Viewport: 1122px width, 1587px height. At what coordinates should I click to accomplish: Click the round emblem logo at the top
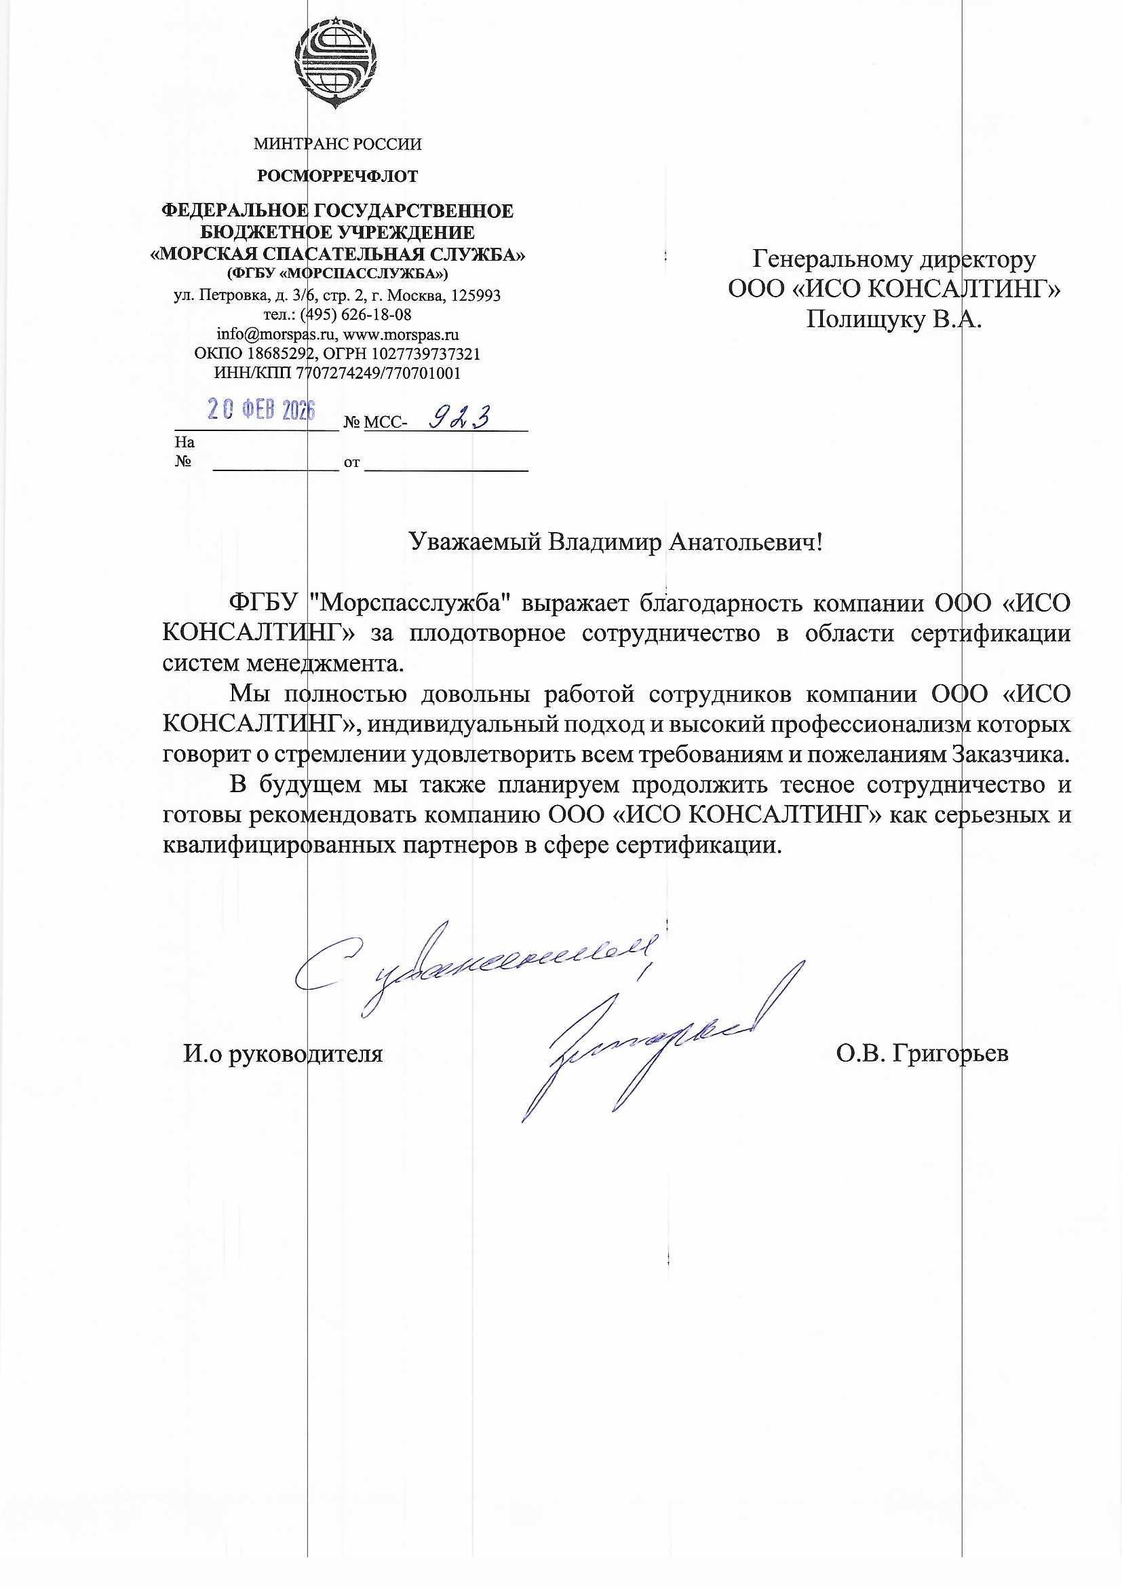coord(337,66)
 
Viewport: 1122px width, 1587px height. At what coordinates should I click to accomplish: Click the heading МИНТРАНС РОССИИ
coord(337,145)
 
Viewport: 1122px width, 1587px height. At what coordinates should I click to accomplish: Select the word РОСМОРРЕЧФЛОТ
coord(337,177)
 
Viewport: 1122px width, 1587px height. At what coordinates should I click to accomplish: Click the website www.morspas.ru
coord(402,335)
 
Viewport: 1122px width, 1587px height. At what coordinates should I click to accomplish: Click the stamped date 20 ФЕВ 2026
coord(262,411)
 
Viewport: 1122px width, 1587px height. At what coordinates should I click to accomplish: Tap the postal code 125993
coord(476,296)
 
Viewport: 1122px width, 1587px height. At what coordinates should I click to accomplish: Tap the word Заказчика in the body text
coord(1011,754)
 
